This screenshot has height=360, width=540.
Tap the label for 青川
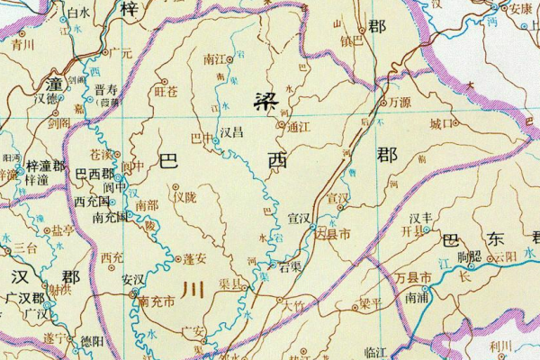click(23, 42)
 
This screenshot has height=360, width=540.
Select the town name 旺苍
click(166, 91)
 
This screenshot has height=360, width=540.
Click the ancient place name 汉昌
click(231, 131)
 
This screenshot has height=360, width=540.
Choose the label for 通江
click(298, 128)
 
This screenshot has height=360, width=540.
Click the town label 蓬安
click(196, 259)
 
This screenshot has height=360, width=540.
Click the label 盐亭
click(62, 230)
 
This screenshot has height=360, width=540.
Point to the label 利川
click(500, 346)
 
